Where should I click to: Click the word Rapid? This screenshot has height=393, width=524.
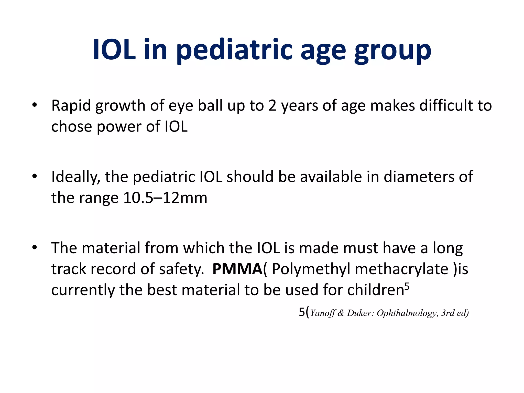click(x=71, y=106)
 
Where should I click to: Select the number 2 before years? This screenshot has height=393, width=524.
click(x=272, y=106)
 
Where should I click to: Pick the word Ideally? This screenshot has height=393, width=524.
click(x=75, y=177)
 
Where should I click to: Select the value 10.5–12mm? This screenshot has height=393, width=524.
click(x=165, y=198)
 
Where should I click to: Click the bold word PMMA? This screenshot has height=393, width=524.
click(x=237, y=269)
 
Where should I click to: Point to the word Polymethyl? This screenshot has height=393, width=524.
click(x=311, y=269)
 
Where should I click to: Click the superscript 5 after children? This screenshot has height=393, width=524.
click(x=407, y=286)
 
